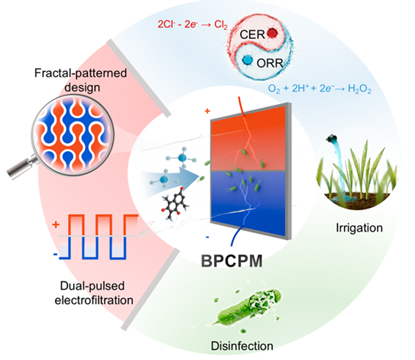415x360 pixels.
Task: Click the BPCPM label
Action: pos(232,261)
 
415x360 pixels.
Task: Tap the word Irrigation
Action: pos(359,228)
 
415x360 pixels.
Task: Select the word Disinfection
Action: pos(242,346)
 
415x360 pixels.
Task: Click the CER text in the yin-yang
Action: pos(252,34)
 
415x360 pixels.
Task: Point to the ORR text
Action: pos(270,63)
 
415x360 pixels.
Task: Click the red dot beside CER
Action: pos(272,33)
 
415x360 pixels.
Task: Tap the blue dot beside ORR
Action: pos(248,60)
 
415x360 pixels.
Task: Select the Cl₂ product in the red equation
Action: pos(221,24)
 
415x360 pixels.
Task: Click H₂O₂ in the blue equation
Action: pos(359,89)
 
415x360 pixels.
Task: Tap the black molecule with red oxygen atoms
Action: pos(174,204)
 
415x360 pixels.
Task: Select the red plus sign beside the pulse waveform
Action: pos(56,225)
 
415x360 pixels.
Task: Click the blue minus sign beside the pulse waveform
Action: pos(55,255)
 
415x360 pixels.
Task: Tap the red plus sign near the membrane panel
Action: pos(207,111)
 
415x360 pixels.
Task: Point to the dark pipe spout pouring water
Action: pos(332,138)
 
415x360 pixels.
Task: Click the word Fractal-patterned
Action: pos(81,73)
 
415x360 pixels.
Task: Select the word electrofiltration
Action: pos(94,300)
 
